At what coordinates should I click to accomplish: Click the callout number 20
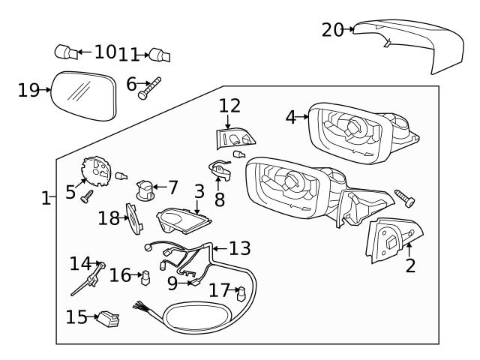coord(332,29)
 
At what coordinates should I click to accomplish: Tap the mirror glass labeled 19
coord(85,95)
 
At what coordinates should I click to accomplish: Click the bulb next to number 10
coord(65,52)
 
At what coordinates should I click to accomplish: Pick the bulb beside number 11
coord(160,55)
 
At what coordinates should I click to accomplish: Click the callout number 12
coord(229,106)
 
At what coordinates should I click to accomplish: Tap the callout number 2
coord(409,265)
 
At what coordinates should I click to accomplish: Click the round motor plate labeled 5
coord(94,170)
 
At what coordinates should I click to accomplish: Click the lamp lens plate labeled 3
coord(184,220)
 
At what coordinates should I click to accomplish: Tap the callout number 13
coord(240,248)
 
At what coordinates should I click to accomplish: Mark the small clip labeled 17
coord(241,293)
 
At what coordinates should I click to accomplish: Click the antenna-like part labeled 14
coord(88,280)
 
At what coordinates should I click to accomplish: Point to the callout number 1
coord(46,198)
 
